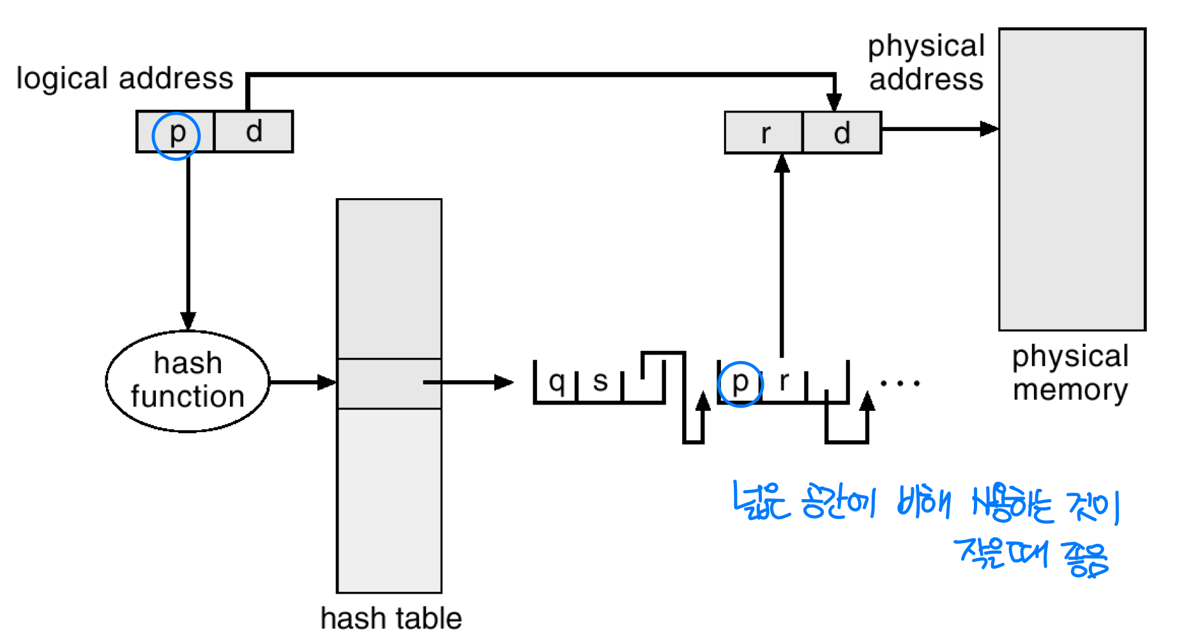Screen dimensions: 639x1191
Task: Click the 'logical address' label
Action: (x=125, y=79)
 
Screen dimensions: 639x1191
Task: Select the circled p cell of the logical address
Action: (x=176, y=132)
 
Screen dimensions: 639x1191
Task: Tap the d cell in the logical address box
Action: (x=254, y=132)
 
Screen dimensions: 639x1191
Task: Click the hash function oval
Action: (x=187, y=381)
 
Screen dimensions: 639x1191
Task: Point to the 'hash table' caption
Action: (x=391, y=619)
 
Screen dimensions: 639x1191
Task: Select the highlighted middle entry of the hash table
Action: (x=389, y=383)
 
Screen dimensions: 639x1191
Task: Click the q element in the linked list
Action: (x=556, y=381)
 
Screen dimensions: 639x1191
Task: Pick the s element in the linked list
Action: (x=600, y=381)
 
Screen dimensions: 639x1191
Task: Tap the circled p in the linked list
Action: (x=740, y=383)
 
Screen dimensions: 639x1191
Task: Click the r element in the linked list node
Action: (x=784, y=381)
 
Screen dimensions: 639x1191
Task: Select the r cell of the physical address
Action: (x=764, y=134)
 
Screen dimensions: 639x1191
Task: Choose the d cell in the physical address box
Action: (x=842, y=134)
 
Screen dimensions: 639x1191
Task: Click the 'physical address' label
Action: (x=926, y=63)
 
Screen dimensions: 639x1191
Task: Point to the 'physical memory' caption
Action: (x=1070, y=373)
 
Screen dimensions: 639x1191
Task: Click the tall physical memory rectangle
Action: (x=1072, y=180)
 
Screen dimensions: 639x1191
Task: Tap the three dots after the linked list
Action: (x=900, y=383)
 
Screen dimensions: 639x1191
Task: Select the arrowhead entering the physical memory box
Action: (x=989, y=129)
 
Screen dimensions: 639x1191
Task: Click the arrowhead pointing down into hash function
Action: (x=188, y=321)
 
